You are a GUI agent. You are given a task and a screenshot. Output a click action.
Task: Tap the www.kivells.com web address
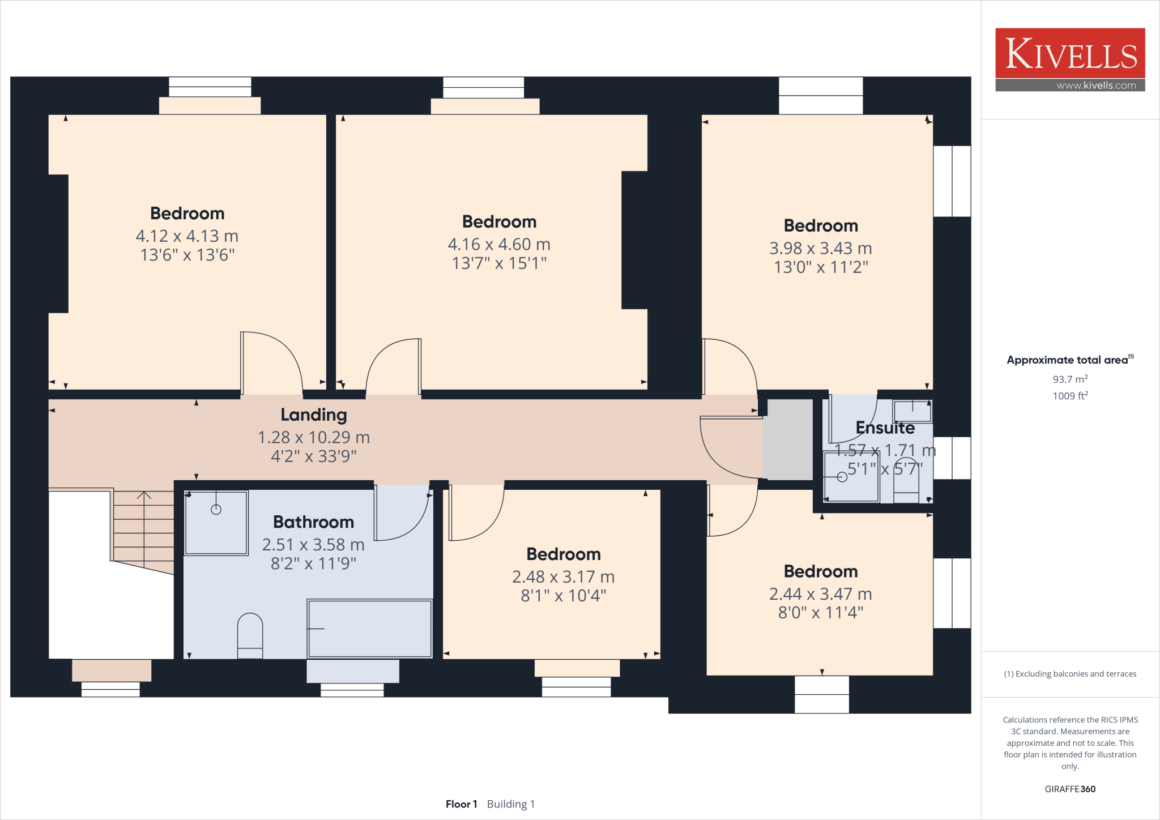pyautogui.click(x=1096, y=86)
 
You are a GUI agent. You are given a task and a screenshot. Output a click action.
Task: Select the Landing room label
pyautogui.click(x=314, y=415)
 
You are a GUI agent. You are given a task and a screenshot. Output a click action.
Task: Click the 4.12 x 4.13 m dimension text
pyautogui.click(x=187, y=236)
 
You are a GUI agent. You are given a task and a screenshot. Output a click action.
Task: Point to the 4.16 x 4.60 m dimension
pyautogui.click(x=498, y=245)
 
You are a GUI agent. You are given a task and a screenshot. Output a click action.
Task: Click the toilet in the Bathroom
pyautogui.click(x=250, y=634)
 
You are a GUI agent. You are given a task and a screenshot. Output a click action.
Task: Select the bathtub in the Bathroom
pyautogui.click(x=370, y=629)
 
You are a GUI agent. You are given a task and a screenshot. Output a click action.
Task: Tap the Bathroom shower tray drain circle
pyautogui.click(x=216, y=510)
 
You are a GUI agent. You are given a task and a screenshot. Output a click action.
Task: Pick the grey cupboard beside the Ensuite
pyautogui.click(x=787, y=439)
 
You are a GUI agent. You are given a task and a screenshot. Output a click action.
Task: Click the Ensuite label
pyautogui.click(x=885, y=428)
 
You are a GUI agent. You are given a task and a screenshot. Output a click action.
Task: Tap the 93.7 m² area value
pyautogui.click(x=1070, y=379)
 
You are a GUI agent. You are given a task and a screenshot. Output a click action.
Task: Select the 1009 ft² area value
pyautogui.click(x=1070, y=396)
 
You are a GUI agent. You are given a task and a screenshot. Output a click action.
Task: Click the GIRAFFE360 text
pyautogui.click(x=1070, y=789)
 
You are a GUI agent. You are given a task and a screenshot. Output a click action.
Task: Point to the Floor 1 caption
pyautogui.click(x=461, y=804)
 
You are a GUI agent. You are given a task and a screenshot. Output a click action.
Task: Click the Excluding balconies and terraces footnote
pyautogui.click(x=1070, y=674)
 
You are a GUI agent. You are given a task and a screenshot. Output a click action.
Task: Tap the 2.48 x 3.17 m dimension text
pyautogui.click(x=563, y=577)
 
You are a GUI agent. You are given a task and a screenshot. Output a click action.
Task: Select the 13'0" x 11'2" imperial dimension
pyautogui.click(x=821, y=267)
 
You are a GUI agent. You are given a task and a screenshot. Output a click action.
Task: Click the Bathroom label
pyautogui.click(x=313, y=522)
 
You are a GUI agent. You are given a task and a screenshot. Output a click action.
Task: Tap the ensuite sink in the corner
pyautogui.click(x=912, y=411)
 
